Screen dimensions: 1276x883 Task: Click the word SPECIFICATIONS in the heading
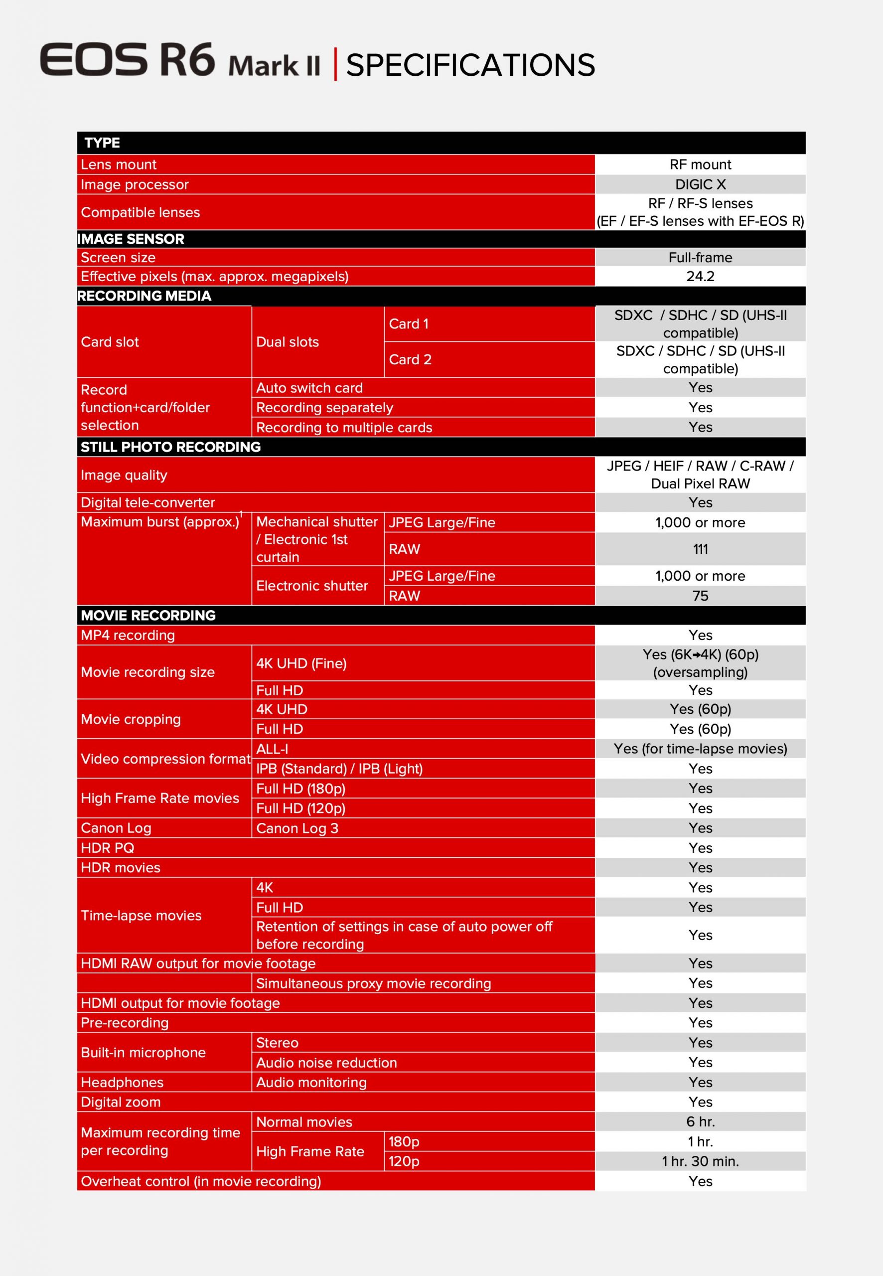tap(470, 65)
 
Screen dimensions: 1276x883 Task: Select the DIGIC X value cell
tap(700, 184)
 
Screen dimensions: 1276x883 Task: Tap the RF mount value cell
tap(700, 164)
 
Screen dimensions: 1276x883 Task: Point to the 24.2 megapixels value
tap(700, 276)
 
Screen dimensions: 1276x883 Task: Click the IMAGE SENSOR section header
tap(131, 239)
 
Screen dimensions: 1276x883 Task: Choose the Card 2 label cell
tap(410, 360)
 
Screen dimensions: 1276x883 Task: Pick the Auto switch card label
tap(309, 388)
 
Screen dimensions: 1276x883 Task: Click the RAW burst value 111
tap(700, 549)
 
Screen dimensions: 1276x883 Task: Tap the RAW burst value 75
tap(700, 596)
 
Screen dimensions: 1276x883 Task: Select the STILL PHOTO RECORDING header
tap(170, 447)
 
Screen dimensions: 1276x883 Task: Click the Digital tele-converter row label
tap(147, 502)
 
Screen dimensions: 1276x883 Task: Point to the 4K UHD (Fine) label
tap(301, 663)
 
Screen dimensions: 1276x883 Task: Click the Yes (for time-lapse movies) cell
tap(700, 749)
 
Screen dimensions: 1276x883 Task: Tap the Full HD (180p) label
tap(301, 789)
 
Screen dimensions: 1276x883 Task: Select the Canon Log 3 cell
tap(297, 828)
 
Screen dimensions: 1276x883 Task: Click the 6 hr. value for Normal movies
tap(700, 1121)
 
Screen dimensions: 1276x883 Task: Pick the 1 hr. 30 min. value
tap(700, 1161)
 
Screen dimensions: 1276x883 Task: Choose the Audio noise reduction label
tap(326, 1062)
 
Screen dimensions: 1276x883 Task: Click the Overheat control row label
tap(201, 1181)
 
